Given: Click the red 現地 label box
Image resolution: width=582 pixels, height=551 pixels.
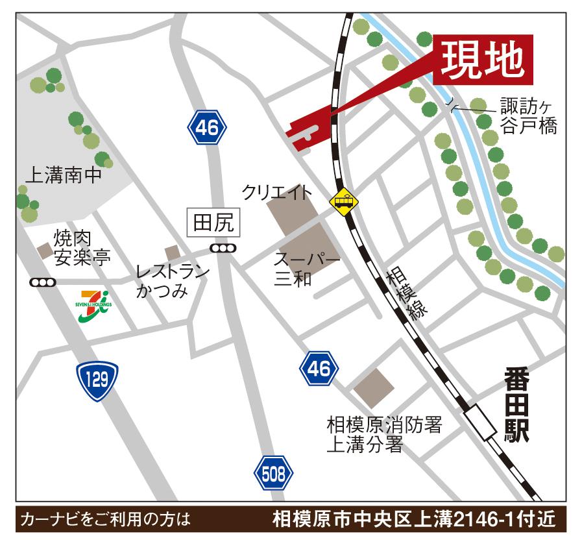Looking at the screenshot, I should point(483,59).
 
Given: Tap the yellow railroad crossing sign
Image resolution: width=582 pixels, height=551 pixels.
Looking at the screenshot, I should point(343,202).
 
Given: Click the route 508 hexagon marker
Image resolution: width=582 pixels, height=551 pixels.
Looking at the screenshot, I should point(271,474).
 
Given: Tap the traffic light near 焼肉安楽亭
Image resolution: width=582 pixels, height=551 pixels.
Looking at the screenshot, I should point(43,282).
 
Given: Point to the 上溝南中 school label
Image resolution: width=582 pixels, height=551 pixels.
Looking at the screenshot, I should point(63,175).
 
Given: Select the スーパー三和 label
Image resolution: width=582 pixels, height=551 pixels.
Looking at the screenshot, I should point(306,269).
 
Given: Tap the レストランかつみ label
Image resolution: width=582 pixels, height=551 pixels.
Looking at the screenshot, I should point(172,280).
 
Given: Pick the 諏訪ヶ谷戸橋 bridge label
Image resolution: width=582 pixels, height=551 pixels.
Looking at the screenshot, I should point(528,115).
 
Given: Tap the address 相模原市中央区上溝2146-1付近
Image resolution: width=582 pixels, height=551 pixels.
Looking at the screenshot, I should point(413,519).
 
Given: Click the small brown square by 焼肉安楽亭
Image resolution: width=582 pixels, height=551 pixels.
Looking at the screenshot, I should point(45,250).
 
